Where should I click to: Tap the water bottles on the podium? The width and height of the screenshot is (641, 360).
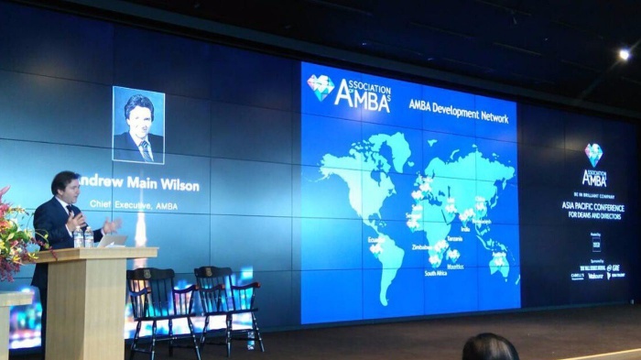tap(83, 238)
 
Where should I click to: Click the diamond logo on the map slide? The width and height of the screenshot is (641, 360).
tap(320, 87)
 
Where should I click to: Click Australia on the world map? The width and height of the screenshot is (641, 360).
tap(498, 264)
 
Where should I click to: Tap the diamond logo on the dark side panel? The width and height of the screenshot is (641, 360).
tap(594, 154)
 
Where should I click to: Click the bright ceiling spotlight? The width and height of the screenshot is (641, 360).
tap(624, 55)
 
